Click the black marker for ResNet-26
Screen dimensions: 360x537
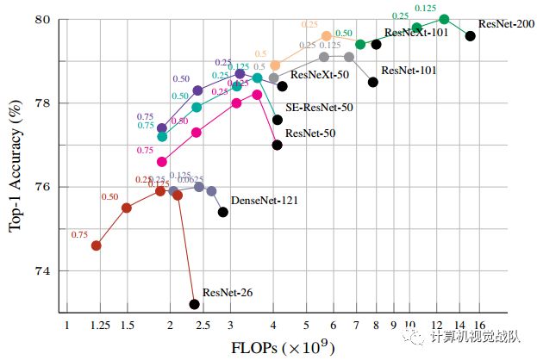pyautogui.click(x=195, y=304)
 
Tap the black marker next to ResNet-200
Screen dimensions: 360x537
pyautogui.click(x=470, y=36)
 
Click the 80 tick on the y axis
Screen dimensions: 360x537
pyautogui.click(x=41, y=19)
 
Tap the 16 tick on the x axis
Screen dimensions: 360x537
pyautogui.click(x=479, y=326)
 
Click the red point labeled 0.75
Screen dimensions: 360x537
pyautogui.click(x=96, y=245)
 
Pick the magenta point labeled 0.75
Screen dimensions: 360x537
pyautogui.click(x=161, y=161)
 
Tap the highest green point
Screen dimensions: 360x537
pyautogui.click(x=444, y=19)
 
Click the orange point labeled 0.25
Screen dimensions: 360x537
pyautogui.click(x=327, y=36)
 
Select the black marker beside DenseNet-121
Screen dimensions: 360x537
pyautogui.click(x=222, y=212)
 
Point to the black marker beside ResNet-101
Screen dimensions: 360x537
pyautogui.click(x=373, y=82)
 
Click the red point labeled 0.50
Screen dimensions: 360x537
pyautogui.click(x=127, y=208)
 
